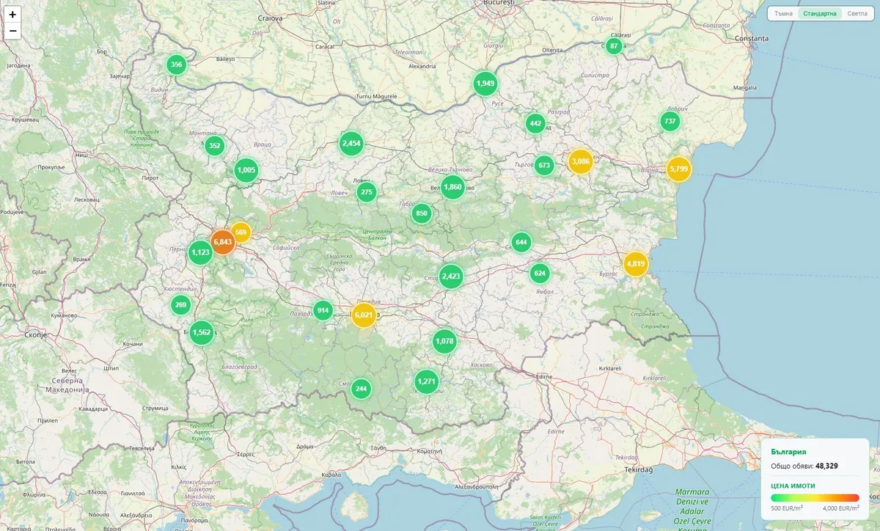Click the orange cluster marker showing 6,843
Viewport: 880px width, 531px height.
(x=223, y=242)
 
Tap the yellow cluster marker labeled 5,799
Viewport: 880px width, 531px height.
(x=678, y=169)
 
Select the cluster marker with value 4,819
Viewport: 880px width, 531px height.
(x=636, y=264)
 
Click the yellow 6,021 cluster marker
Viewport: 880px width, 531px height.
(x=364, y=315)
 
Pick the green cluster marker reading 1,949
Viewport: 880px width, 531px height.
(x=485, y=84)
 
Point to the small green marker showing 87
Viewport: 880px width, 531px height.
(x=615, y=46)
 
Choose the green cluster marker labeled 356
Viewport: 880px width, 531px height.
(x=176, y=65)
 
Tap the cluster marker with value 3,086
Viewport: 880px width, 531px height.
(x=580, y=161)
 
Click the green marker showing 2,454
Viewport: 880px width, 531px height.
(x=351, y=144)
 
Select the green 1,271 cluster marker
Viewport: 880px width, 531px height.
(x=426, y=381)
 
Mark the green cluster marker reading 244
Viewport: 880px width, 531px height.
(x=360, y=389)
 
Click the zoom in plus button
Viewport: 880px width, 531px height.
(x=12, y=14)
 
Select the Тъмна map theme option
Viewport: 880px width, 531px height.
(x=784, y=14)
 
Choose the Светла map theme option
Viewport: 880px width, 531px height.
(x=857, y=14)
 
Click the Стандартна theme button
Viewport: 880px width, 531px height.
(x=819, y=14)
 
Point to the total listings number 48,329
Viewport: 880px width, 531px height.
(x=826, y=466)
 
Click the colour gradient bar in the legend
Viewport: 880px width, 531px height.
(x=815, y=498)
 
